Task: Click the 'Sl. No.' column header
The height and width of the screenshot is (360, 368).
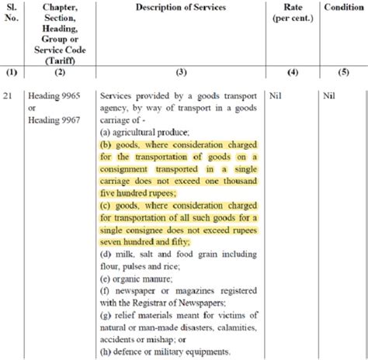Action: (11, 14)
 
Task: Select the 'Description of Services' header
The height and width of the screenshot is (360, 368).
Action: (181, 8)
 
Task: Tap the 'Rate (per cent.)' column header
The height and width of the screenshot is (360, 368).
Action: (292, 13)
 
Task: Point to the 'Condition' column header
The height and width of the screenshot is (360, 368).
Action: (342, 8)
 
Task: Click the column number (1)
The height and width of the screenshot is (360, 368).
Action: (11, 71)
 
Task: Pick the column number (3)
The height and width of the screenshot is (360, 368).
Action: (181, 71)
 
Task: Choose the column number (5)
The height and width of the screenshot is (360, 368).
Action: (342, 71)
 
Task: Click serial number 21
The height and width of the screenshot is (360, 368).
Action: (9, 97)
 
